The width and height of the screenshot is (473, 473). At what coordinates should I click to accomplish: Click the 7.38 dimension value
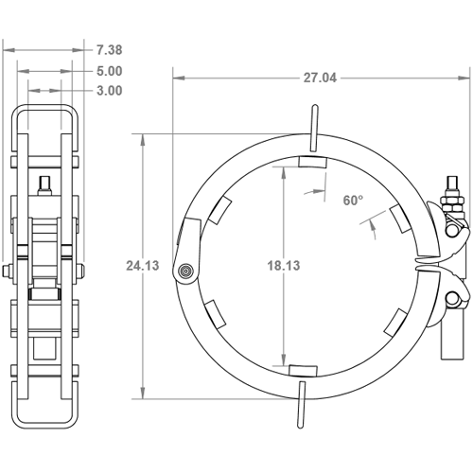(x=109, y=50)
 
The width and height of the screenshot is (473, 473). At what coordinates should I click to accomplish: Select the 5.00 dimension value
(x=109, y=71)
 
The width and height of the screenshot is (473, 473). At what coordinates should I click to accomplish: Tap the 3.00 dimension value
(x=109, y=91)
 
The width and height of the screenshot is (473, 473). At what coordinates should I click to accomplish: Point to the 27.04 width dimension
(x=320, y=78)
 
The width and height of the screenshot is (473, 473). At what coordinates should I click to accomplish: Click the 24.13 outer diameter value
(x=143, y=266)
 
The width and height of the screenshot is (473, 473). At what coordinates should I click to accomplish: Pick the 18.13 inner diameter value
(x=284, y=266)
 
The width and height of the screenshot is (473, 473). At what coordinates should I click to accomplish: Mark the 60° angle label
(x=353, y=201)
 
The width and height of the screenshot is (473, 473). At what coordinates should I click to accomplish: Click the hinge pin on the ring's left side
(x=185, y=271)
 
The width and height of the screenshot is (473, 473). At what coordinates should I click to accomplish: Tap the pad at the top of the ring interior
(x=313, y=162)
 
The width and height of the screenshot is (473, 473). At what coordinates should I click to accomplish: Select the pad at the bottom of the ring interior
(x=303, y=371)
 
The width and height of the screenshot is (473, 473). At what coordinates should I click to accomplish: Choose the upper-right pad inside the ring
(x=401, y=219)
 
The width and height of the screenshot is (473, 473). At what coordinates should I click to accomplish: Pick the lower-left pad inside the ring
(x=216, y=315)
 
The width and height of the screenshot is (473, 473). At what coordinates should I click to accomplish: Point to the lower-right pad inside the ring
(x=396, y=323)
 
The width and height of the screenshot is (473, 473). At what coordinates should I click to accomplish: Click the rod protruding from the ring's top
(x=314, y=128)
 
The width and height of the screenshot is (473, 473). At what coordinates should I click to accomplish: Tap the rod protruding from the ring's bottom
(x=302, y=405)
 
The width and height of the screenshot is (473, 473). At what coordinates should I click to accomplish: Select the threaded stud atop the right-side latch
(x=452, y=186)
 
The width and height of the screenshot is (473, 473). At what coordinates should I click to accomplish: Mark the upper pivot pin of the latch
(x=452, y=231)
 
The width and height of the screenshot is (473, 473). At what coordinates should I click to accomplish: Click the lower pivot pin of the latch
(x=452, y=298)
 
